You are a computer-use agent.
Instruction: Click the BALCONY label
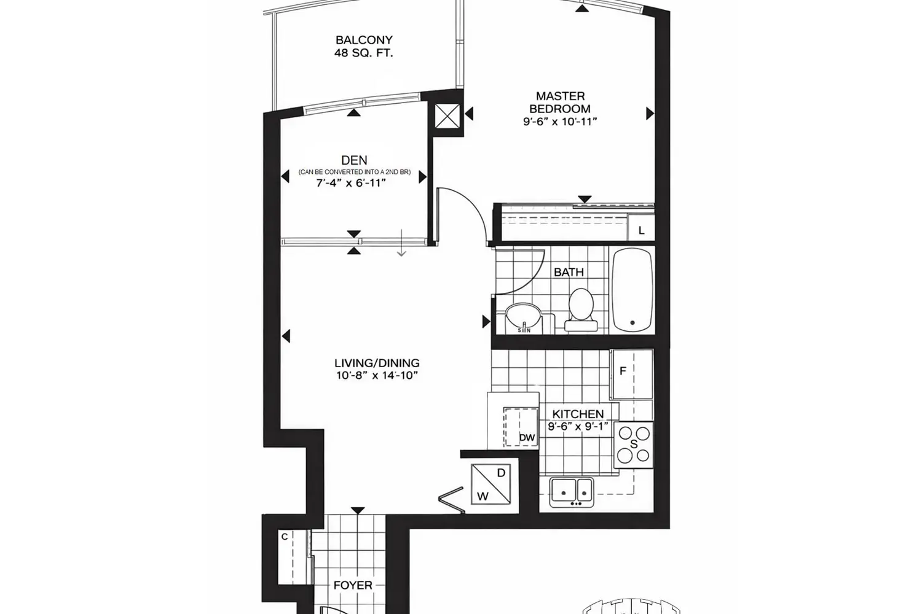[x=364, y=40]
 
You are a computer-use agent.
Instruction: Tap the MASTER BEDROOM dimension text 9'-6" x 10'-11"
[x=560, y=122]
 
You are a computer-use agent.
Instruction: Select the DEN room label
[x=354, y=160]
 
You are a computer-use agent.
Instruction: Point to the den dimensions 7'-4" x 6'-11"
[x=351, y=182]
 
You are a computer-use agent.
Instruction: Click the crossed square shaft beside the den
[x=447, y=116]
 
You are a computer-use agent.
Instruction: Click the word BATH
[x=569, y=272]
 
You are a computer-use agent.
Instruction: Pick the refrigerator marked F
[x=632, y=375]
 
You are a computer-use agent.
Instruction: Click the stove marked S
[x=634, y=445]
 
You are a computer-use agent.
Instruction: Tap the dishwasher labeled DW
[x=521, y=427]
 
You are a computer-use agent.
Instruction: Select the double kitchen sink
[x=571, y=492]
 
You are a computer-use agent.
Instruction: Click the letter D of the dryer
[x=501, y=473]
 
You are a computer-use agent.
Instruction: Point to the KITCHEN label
[x=578, y=414]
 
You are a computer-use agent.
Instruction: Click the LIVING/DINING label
[x=377, y=363]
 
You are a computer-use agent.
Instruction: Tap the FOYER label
[x=353, y=585]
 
